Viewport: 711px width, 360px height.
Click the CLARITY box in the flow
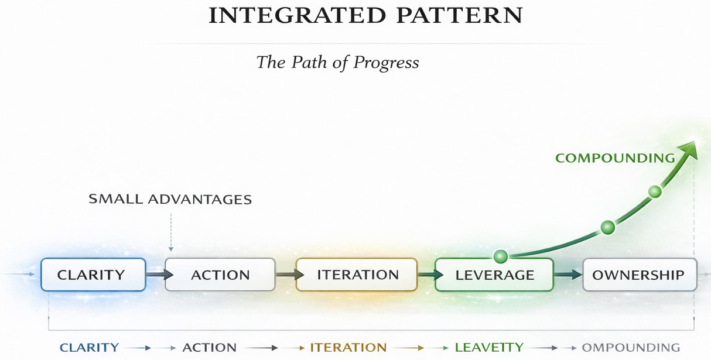click(93, 275)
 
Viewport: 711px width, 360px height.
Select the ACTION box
click(220, 275)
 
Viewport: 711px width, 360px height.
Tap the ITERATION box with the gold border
click(357, 275)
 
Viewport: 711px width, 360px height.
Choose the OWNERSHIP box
click(640, 275)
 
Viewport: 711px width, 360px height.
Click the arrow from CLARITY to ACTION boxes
click(155, 274)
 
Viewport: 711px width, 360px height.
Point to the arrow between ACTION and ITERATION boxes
click(286, 274)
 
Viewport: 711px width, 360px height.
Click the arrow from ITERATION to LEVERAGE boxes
click(426, 274)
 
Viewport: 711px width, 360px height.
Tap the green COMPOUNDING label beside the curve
click(615, 158)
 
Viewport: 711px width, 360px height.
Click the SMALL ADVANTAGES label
click(170, 200)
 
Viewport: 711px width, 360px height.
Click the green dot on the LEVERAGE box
click(500, 256)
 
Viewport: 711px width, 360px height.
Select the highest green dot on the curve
click(655, 191)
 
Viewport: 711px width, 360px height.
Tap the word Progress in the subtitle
click(386, 62)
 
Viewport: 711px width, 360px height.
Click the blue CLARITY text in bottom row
click(90, 348)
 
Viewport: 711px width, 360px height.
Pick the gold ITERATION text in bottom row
click(348, 348)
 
